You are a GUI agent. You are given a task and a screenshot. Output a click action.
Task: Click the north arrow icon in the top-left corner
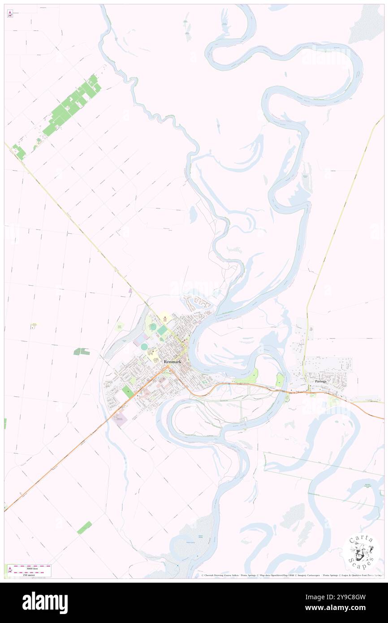(10, 14)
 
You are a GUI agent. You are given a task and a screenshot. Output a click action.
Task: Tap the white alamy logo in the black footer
(45, 602)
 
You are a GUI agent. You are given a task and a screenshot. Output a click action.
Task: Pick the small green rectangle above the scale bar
(84, 528)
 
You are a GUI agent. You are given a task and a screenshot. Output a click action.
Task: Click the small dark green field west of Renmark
(82, 352)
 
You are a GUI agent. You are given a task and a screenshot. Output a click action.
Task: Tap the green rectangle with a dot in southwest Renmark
(128, 391)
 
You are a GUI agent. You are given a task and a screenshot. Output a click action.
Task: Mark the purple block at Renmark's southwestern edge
(120, 420)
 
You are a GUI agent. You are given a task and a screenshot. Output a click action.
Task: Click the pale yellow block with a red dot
(164, 319)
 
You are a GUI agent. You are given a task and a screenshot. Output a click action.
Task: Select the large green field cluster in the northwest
(72, 105)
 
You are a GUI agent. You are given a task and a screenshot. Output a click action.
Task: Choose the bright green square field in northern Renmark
(162, 330)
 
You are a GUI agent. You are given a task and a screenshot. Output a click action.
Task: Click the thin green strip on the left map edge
(5, 423)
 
